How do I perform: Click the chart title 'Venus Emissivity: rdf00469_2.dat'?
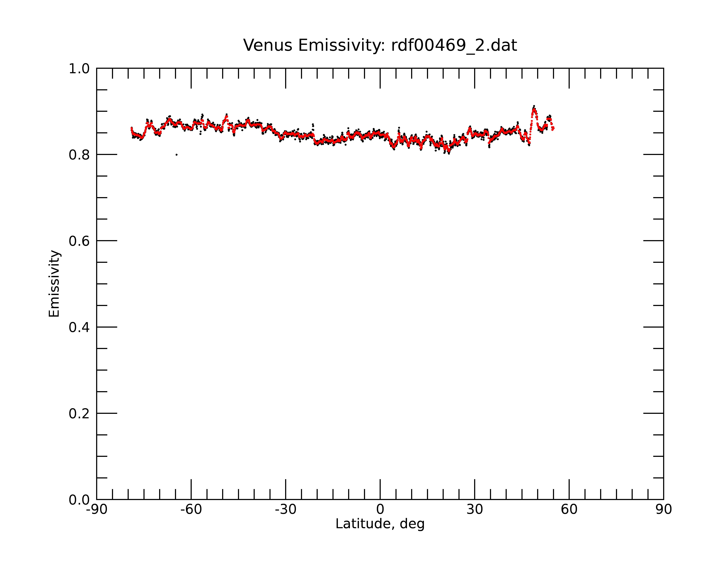(x=380, y=45)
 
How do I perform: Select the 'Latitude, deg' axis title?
(x=380, y=524)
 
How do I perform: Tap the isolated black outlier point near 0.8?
(x=176, y=155)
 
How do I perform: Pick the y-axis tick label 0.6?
(x=79, y=241)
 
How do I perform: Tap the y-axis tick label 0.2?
(x=79, y=414)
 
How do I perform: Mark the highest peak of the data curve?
(x=534, y=106)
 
